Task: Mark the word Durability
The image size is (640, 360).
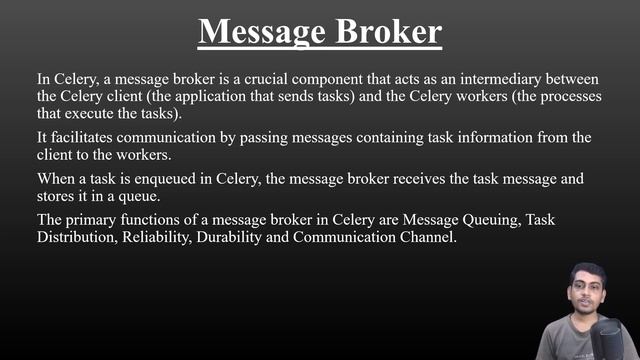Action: [x=249, y=238]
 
